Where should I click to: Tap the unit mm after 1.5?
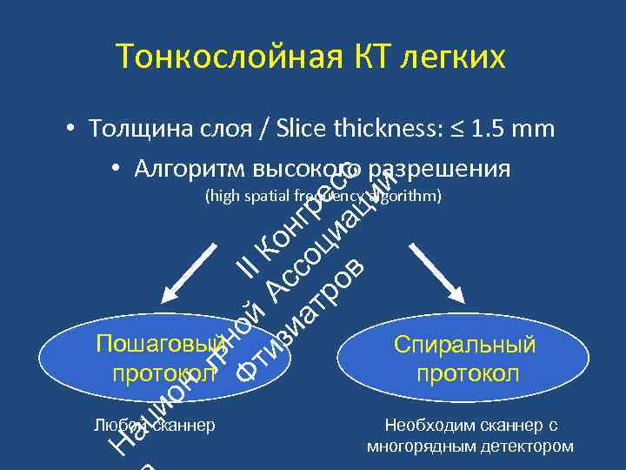pos(534,129)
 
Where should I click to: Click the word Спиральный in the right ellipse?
pos(465,345)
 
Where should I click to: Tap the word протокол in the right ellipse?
pos(467,373)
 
